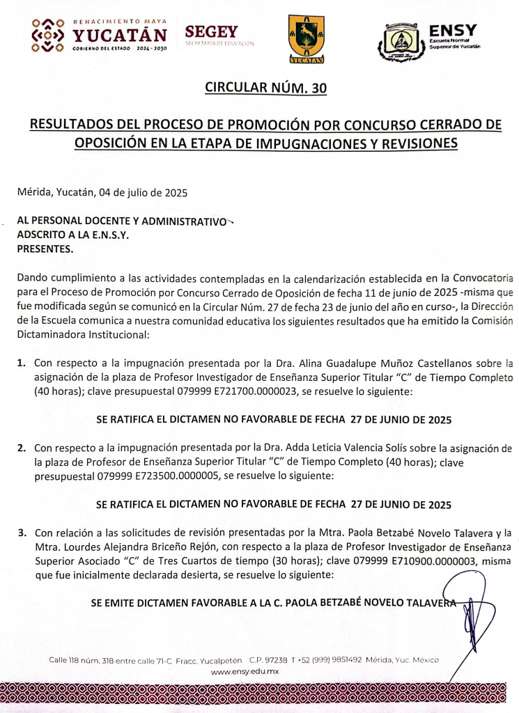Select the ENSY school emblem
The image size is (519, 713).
pos(401,42)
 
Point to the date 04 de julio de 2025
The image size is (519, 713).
pos(143,191)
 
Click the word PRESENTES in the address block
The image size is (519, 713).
pos(45,247)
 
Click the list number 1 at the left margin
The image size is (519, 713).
pos(22,363)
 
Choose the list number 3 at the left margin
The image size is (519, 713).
pos(22,533)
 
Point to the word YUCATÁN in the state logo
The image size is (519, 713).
pos(121,35)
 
